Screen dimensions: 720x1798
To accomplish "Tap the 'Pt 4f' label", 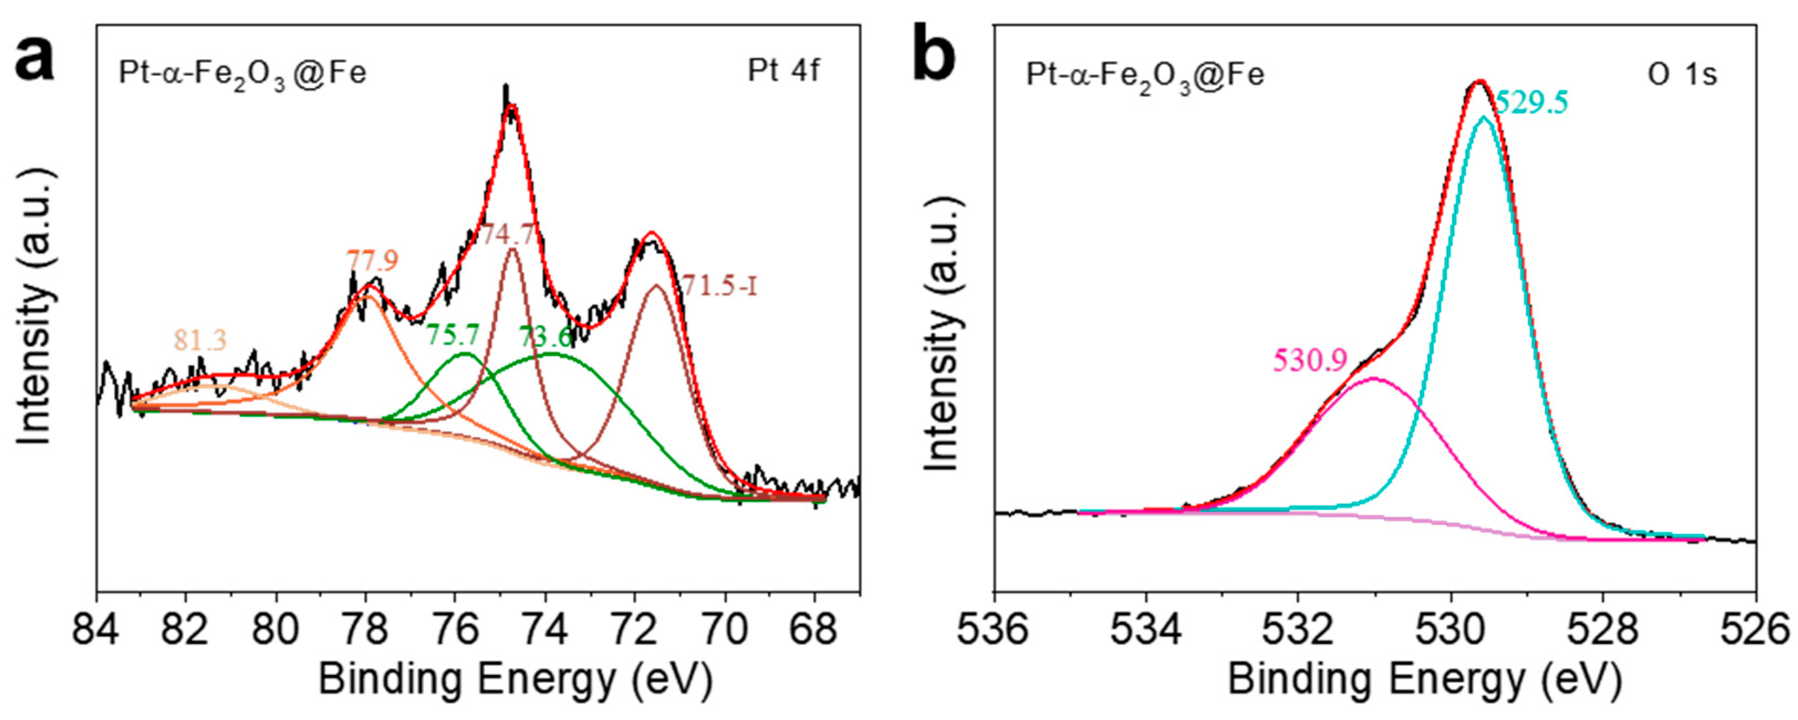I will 783,72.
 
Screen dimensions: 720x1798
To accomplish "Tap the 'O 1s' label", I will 1682,75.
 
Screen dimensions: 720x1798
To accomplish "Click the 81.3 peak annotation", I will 200,340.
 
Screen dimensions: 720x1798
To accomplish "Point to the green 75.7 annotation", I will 453,336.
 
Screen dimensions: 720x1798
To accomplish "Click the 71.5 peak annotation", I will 719,286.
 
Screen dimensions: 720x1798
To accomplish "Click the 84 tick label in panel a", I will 96,630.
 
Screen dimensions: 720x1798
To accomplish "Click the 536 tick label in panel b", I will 994,630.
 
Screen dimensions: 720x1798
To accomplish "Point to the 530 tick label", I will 1451,630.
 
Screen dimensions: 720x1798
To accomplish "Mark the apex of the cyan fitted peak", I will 1483,117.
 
